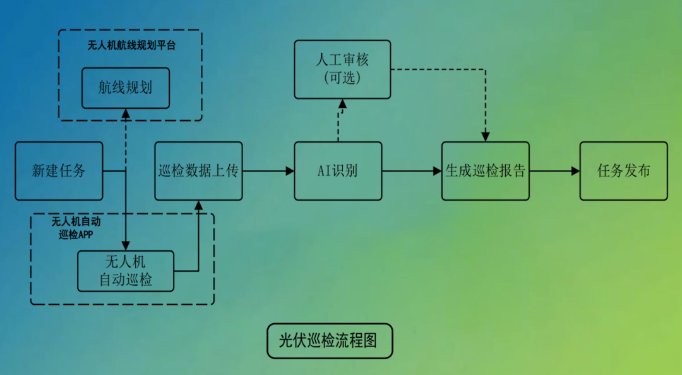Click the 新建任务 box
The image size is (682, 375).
click(x=59, y=171)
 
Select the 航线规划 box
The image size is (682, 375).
click(x=125, y=88)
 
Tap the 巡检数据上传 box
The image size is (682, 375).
click(x=198, y=171)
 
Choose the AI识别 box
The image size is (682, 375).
click(x=338, y=171)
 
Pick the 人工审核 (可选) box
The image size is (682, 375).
click(x=342, y=69)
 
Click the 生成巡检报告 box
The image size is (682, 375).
click(x=485, y=171)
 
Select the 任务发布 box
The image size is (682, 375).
click(x=623, y=171)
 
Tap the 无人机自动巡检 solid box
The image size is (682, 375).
click(x=126, y=271)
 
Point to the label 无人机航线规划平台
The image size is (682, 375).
click(x=131, y=46)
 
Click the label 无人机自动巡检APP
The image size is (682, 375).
click(x=76, y=228)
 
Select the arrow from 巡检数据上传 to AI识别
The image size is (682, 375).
click(x=268, y=171)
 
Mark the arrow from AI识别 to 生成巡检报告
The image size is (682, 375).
click(x=412, y=171)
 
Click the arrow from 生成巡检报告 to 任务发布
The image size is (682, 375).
click(x=554, y=171)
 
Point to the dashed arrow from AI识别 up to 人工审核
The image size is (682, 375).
click(x=339, y=120)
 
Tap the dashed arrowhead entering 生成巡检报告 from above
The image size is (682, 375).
click(x=485, y=136)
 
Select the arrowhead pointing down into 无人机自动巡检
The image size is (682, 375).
click(x=125, y=245)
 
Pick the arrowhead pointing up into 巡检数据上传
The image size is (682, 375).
click(x=198, y=206)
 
